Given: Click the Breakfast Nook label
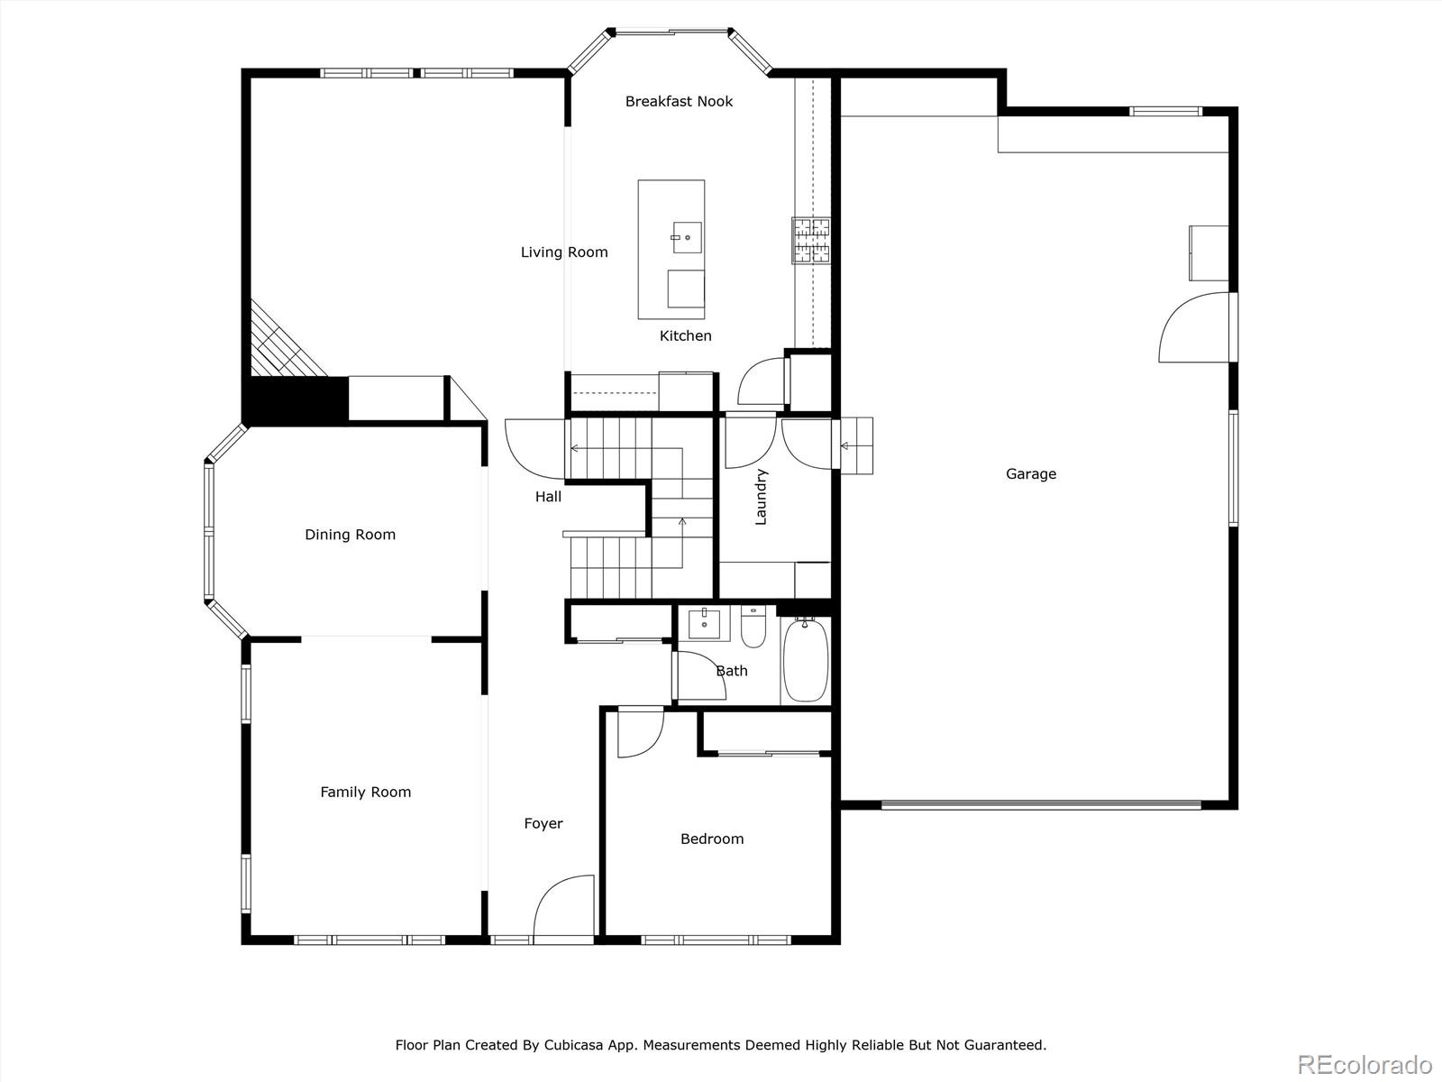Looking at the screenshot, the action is (679, 101).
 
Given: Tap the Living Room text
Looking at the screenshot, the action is (564, 252).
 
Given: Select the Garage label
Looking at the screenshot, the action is (1031, 473).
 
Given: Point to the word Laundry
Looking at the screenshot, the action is (761, 497).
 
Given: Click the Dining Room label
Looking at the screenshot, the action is (351, 535).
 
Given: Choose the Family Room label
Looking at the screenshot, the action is (365, 793).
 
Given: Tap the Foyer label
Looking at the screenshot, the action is (543, 824).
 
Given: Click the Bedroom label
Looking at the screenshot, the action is (712, 839).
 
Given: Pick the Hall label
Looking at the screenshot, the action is (548, 497).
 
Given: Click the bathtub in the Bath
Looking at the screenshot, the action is (806, 660).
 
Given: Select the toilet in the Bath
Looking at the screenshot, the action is (753, 627).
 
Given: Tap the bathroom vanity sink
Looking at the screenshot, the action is (704, 623).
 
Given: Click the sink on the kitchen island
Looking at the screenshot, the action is (687, 237).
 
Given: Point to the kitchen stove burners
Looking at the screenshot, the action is (811, 241).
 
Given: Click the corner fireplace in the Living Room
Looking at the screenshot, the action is (287, 339).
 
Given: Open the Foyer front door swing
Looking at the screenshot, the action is (564, 909).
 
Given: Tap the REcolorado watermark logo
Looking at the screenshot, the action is (1364, 1064).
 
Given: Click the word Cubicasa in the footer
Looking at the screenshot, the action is (573, 1044).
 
